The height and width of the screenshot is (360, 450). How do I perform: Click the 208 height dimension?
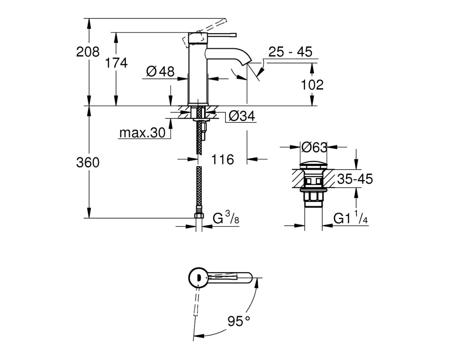point(88,52)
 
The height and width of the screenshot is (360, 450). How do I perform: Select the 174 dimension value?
point(116,63)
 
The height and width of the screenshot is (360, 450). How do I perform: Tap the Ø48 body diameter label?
point(160,71)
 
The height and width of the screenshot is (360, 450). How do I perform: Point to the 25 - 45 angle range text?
point(290,52)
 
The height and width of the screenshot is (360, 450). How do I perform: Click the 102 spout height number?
point(312,85)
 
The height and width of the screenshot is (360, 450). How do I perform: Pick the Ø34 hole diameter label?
point(242,116)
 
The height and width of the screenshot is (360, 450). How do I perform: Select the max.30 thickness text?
point(142,133)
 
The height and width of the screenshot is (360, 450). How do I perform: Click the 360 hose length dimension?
point(88,162)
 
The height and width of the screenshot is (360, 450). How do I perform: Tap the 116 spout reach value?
point(223,159)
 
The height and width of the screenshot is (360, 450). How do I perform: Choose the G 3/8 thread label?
point(226,218)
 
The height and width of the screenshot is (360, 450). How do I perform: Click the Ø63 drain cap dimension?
point(314,147)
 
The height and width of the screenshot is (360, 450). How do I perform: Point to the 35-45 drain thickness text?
point(355,179)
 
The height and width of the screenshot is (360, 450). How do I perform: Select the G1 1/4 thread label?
point(351,218)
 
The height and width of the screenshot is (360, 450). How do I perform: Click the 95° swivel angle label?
point(239,321)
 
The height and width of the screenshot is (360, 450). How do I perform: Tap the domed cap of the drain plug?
point(314,166)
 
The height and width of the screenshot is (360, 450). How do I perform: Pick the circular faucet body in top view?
point(198,278)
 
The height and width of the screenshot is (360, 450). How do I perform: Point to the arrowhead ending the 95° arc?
point(199,336)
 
